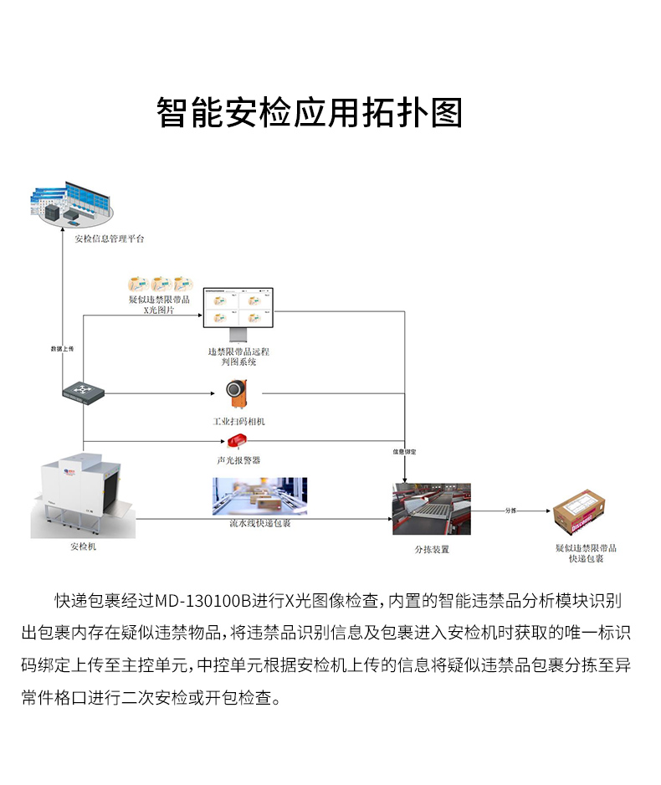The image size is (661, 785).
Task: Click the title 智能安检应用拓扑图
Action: point(310,111)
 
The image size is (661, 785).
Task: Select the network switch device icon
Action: point(84,391)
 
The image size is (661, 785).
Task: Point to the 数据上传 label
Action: point(63,346)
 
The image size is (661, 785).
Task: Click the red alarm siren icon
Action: point(235,441)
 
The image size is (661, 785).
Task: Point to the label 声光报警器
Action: point(238,460)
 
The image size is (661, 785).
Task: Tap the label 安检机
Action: point(83,546)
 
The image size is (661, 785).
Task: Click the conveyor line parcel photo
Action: point(259,496)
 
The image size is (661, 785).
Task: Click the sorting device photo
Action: point(432,508)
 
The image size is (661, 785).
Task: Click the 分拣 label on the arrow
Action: point(512,509)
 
